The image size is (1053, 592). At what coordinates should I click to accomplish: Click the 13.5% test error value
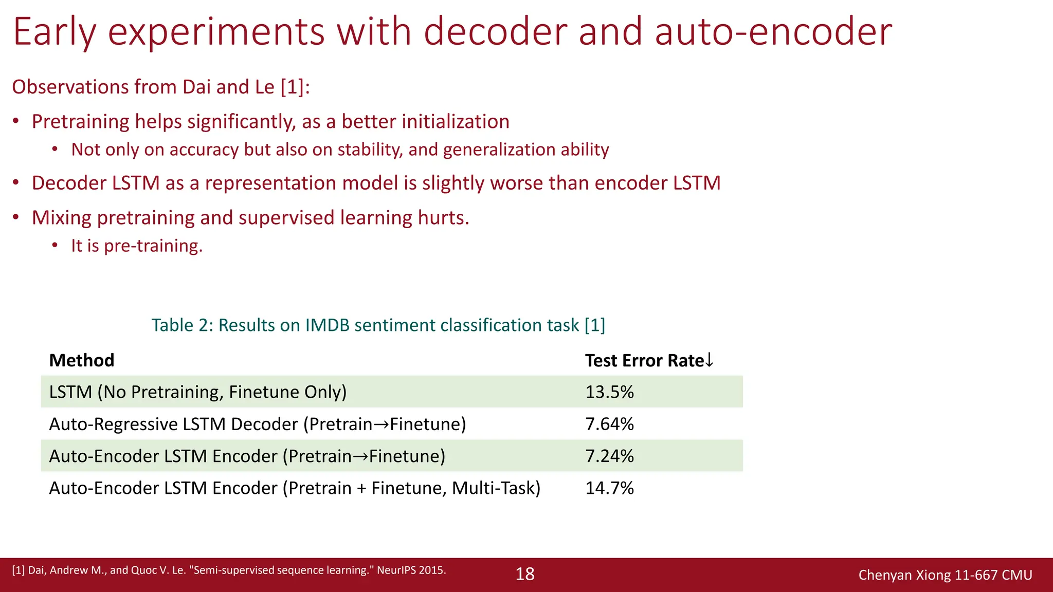[609, 392]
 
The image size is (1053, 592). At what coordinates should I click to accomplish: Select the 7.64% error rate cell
[609, 424]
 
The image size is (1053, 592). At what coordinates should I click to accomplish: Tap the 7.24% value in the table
[609, 456]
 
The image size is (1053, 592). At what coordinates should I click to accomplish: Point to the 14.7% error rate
[609, 488]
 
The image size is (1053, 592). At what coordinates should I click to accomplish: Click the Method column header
[82, 360]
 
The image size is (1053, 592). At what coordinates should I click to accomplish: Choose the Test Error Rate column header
[644, 360]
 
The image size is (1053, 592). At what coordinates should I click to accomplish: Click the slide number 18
[525, 574]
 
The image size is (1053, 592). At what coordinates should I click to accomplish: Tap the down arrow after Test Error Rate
[710, 360]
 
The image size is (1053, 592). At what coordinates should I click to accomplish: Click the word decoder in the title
[495, 32]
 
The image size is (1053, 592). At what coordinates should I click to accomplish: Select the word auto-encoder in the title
[773, 32]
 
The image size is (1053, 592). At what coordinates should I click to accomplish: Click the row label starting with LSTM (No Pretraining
[198, 392]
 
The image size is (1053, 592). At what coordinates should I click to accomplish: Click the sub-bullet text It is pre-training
[137, 246]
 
